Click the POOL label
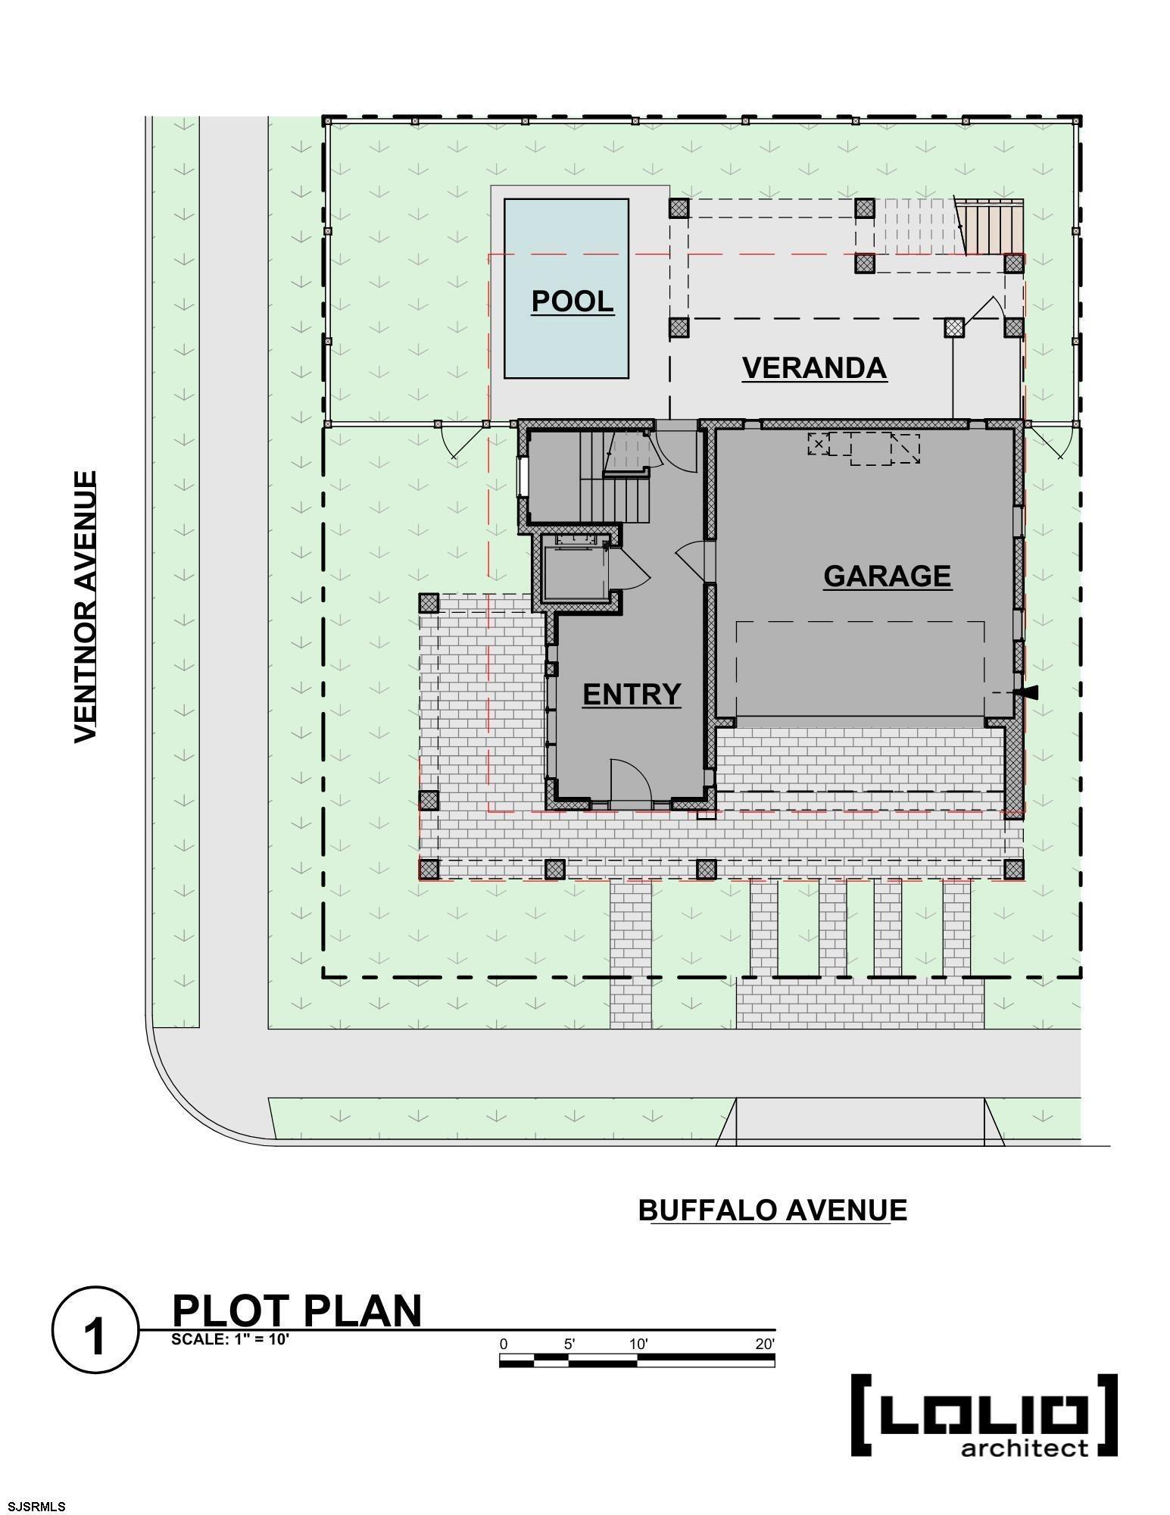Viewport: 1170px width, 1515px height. (x=573, y=301)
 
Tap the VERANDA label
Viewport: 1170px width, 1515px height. (x=814, y=367)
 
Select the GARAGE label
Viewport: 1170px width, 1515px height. (x=887, y=576)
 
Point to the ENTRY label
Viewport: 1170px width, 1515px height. (x=632, y=694)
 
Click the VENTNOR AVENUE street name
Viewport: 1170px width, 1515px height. (x=86, y=607)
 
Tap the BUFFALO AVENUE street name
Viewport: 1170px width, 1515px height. (x=772, y=1210)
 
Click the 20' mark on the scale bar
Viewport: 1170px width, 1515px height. (x=765, y=1344)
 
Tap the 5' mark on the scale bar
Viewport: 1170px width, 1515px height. (x=569, y=1344)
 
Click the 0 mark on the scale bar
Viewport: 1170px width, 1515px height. (x=504, y=1344)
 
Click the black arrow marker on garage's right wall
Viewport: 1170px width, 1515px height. (x=1029, y=692)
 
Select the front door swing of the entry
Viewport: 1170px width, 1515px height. (x=631, y=779)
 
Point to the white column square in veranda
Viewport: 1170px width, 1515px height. (x=954, y=327)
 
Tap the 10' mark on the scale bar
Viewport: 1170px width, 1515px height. (x=638, y=1344)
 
